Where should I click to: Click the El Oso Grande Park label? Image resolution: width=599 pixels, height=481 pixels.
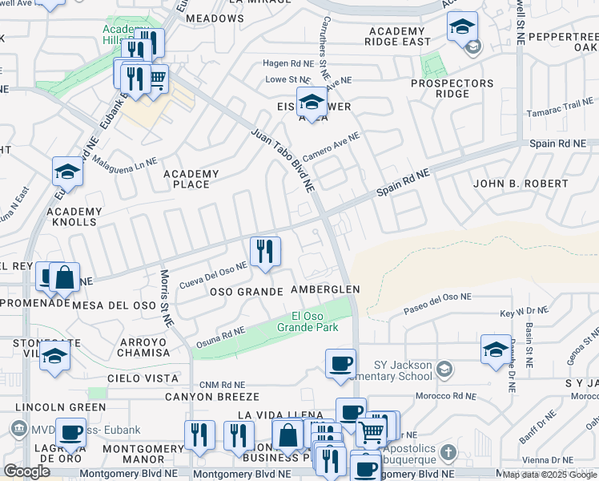pos(308,321)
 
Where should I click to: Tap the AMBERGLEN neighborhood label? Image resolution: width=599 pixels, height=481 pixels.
pos(325,289)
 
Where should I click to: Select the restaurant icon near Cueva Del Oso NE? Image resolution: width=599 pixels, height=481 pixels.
pos(264,251)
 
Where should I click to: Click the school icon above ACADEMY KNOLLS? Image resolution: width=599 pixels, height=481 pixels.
pos(67,172)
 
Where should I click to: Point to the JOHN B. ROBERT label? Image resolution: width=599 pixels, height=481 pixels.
pos(521,184)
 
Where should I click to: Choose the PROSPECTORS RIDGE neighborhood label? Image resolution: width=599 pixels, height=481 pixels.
pos(452,88)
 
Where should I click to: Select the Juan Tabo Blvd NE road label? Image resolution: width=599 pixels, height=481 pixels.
pos(282,160)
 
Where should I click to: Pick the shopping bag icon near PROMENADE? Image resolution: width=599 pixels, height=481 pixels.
pos(64,277)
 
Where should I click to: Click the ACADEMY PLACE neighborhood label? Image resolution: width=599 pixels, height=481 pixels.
pos(191,179)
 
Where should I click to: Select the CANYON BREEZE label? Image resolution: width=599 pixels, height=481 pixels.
pos(212,397)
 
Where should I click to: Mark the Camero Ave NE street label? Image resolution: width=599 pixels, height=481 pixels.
pos(332,148)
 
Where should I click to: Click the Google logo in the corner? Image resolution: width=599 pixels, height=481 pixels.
pos(26,471)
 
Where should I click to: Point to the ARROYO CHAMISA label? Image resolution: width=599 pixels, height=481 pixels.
pos(143,347)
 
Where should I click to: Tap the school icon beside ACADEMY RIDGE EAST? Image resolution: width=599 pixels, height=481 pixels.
pos(462,26)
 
